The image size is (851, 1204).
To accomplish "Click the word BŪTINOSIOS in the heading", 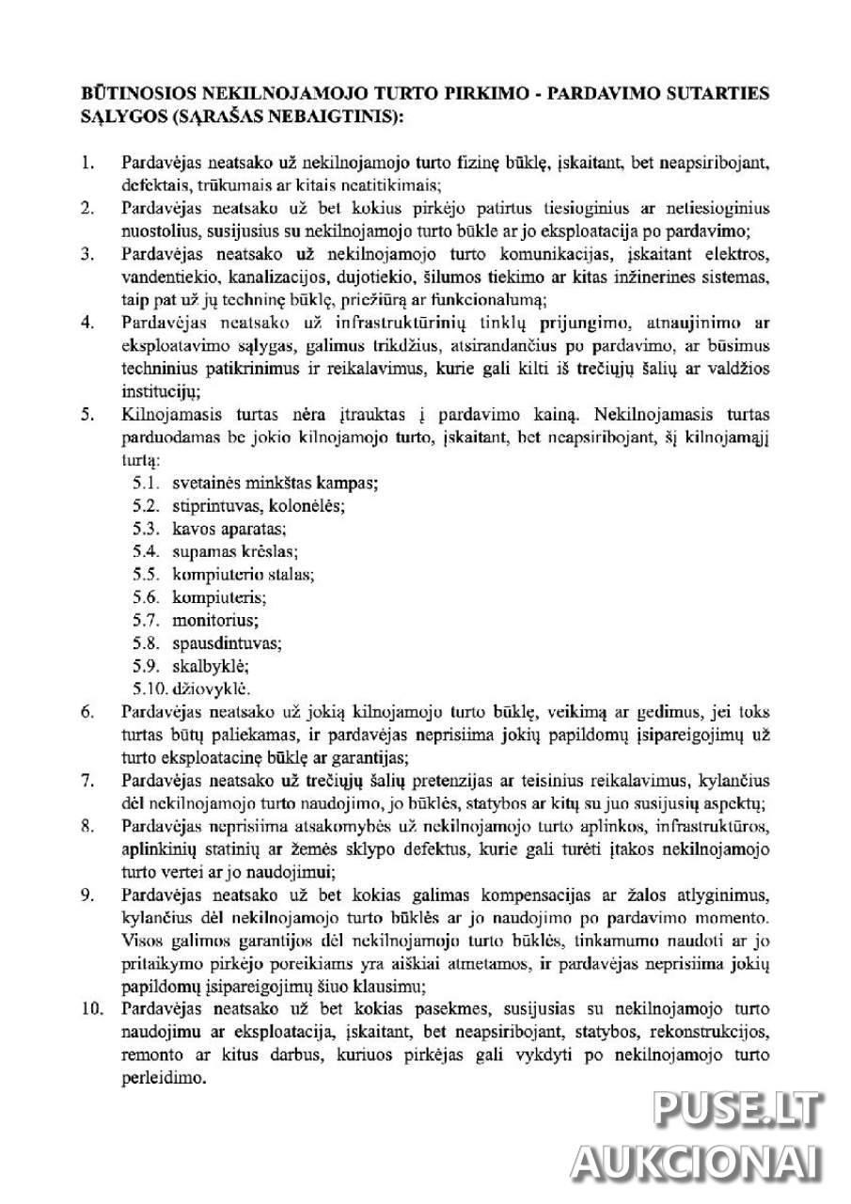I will pyautogui.click(x=127, y=95).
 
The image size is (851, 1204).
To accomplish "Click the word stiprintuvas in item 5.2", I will pyautogui.click(x=212, y=505).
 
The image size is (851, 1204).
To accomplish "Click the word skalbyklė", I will pyautogui.click(x=209, y=666).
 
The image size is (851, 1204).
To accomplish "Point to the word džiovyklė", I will pyautogui.click(x=212, y=689).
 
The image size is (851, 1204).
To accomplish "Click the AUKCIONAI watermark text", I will pyautogui.click(x=697, y=1164).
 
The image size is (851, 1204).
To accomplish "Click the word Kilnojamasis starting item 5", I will pyautogui.click(x=166, y=414).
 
